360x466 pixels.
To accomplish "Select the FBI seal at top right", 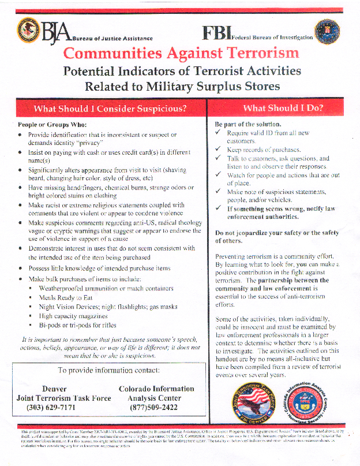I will (x=327, y=32).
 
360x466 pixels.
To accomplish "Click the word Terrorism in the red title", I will (x=249, y=54).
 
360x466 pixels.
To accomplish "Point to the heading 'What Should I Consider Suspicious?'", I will (x=110, y=109).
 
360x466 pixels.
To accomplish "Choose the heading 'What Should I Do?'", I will (x=283, y=108).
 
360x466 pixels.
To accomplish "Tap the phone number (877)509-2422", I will (x=156, y=408).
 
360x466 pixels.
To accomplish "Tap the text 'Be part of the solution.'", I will (x=248, y=124).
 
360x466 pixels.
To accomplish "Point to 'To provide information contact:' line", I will (x=109, y=370).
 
